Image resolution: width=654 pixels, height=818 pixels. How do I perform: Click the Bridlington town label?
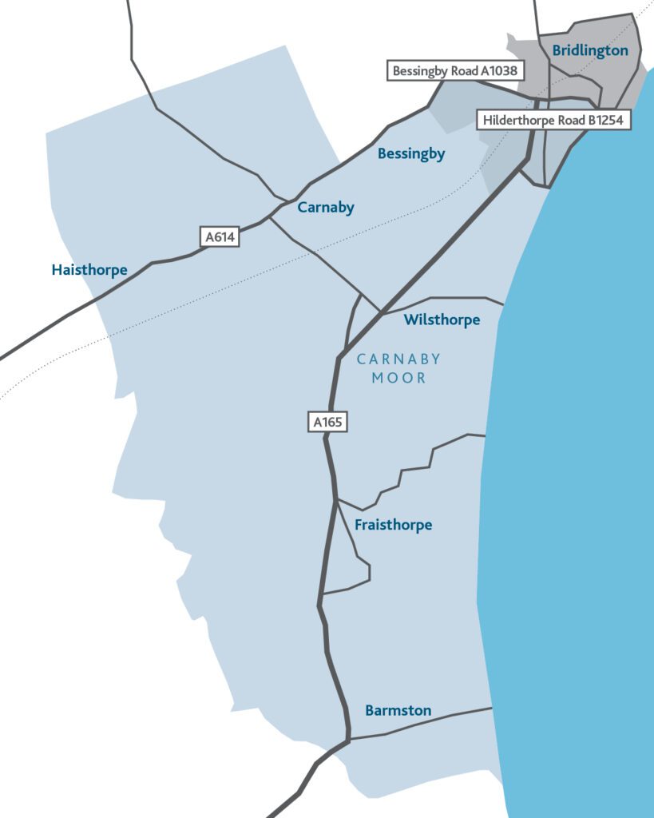click(590, 50)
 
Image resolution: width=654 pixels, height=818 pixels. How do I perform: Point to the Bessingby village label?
click(411, 153)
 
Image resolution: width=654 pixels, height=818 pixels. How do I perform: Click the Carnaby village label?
click(326, 208)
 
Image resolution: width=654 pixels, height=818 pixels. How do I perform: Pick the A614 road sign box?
click(220, 237)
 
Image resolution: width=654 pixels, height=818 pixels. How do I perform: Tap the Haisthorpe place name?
click(89, 270)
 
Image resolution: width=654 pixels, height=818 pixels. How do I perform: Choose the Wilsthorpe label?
click(442, 320)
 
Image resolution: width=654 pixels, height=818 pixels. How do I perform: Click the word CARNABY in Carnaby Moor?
click(398, 359)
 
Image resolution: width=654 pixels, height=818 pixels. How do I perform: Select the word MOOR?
click(398, 378)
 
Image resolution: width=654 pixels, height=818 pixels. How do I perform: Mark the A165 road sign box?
click(327, 422)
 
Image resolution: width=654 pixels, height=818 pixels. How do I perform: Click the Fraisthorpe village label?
click(393, 525)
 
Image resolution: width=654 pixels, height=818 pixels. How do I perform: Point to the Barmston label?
click(398, 710)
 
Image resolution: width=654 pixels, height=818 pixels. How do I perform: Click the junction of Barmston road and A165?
click(349, 739)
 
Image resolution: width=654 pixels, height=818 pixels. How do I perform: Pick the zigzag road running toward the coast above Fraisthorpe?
click(415, 471)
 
